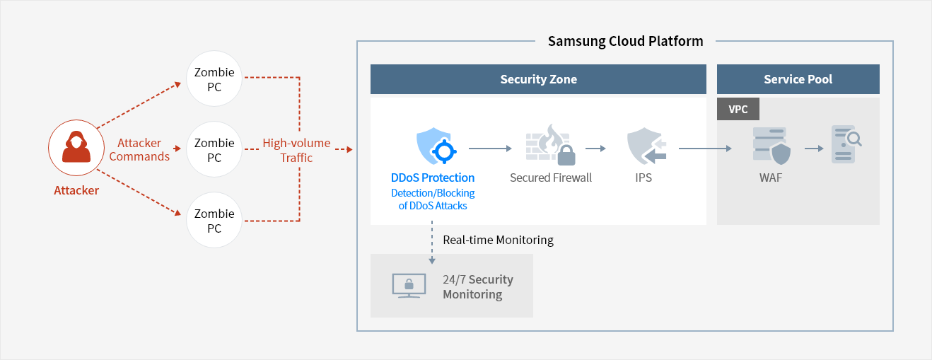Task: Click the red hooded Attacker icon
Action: (x=76, y=147)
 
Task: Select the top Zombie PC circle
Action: (x=214, y=79)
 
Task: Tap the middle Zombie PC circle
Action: (x=214, y=149)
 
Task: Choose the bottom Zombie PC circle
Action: (x=214, y=220)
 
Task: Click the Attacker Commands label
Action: (x=139, y=150)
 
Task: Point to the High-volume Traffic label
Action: (x=296, y=150)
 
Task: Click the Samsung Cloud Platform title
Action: (x=625, y=41)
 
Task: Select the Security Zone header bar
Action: (x=538, y=79)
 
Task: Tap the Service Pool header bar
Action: (x=798, y=79)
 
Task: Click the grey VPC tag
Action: (x=738, y=109)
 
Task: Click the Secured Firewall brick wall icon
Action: (x=550, y=144)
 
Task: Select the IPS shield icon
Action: (x=646, y=146)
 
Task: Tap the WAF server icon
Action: (x=771, y=146)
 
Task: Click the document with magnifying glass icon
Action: (x=846, y=144)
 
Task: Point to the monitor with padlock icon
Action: (x=409, y=286)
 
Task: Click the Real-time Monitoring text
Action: (x=498, y=240)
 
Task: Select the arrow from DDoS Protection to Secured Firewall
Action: (x=490, y=149)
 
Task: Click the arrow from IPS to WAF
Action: (x=705, y=149)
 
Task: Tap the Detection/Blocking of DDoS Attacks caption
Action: (x=433, y=199)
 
